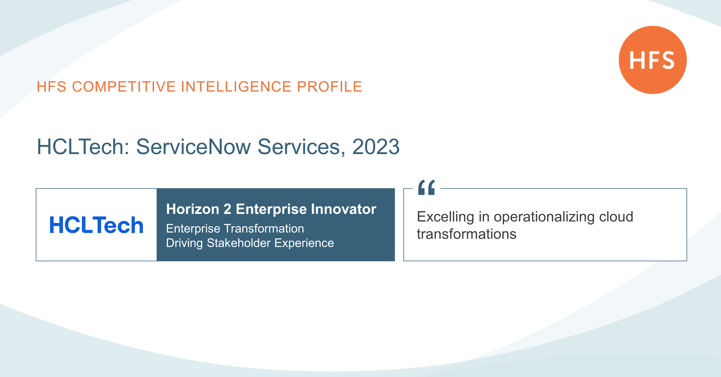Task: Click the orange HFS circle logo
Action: click(x=652, y=60)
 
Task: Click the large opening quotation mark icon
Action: click(x=426, y=187)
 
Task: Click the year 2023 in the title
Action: click(x=376, y=147)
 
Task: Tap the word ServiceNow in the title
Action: click(x=193, y=147)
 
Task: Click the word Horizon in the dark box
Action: click(x=193, y=209)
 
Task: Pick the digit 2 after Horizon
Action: click(x=227, y=209)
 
